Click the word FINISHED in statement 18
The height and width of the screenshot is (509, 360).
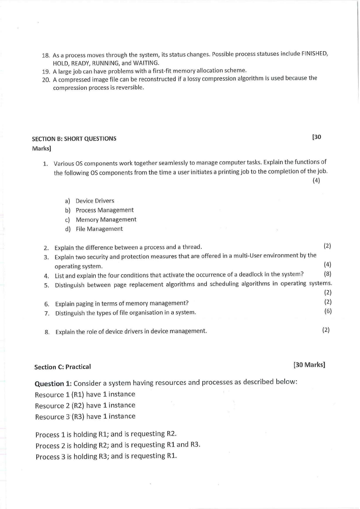(x=315, y=54)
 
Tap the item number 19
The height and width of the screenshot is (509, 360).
(x=45, y=71)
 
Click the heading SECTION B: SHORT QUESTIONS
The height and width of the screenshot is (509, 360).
(x=74, y=139)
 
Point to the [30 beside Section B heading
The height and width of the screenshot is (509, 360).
(x=317, y=137)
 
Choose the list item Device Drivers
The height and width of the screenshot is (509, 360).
(x=95, y=201)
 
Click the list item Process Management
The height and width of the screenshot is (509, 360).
(x=104, y=210)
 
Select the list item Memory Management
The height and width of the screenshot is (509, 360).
(x=106, y=219)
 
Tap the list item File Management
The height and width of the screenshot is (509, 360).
(x=99, y=229)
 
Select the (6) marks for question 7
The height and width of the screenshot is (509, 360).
(x=328, y=311)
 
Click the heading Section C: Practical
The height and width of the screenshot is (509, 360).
(x=63, y=367)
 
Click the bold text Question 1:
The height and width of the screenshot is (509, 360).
(x=53, y=383)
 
